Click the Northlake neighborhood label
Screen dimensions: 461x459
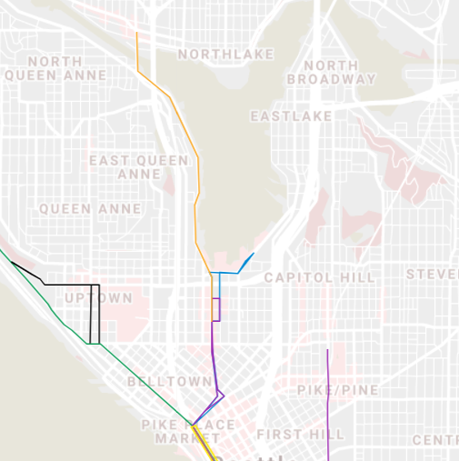tap(225, 55)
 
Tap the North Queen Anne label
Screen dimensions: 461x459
tap(55, 68)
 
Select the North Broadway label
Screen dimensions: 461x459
tap(331, 72)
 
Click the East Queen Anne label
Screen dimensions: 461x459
tap(139, 166)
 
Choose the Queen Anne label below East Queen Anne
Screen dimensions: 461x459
tap(90, 209)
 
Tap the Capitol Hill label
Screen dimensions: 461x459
tap(319, 277)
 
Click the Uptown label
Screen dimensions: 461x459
tap(99, 298)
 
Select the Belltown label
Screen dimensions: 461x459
tap(157, 382)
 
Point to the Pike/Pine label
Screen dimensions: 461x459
tap(337, 390)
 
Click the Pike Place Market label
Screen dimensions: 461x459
tap(188, 431)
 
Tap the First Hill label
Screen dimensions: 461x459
tap(300, 435)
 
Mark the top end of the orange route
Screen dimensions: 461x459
tap(136, 34)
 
